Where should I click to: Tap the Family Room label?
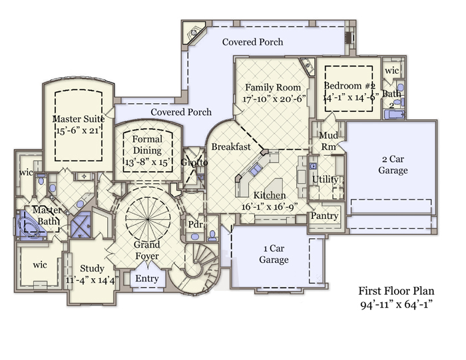(x=272, y=88)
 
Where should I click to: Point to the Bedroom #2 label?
(x=350, y=87)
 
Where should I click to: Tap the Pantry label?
(x=325, y=216)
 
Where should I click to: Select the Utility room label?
(x=326, y=180)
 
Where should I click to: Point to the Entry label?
(x=147, y=278)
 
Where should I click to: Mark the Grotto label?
(x=194, y=162)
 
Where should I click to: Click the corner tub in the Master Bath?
(x=28, y=226)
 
